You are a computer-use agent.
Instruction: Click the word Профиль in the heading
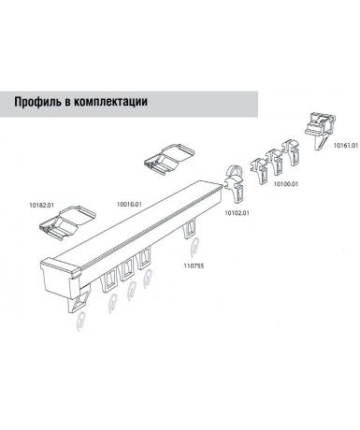[x=37, y=102]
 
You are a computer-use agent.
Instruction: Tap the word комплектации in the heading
[x=110, y=102]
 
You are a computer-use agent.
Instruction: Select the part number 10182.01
[x=42, y=206]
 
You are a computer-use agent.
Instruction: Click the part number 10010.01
[x=129, y=205]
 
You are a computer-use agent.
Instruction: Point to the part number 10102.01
[x=238, y=213]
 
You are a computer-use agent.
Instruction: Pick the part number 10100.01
[x=286, y=184]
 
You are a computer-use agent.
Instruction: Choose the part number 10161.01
[x=346, y=145]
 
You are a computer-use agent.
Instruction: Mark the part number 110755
[x=194, y=265]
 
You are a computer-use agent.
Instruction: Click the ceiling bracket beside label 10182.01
[x=67, y=222]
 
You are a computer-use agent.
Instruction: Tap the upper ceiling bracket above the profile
[x=169, y=158]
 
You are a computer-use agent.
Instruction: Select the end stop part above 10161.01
[x=320, y=131]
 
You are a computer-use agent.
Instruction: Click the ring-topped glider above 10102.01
[x=234, y=184]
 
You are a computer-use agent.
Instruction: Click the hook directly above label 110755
[x=194, y=248]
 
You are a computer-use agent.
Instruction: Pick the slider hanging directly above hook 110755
[x=190, y=229]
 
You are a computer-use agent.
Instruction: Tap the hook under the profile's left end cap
[x=80, y=321]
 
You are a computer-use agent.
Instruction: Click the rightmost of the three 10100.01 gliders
[x=291, y=151]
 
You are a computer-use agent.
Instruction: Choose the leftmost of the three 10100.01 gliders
[x=260, y=171]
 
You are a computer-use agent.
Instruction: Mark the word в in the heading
[x=67, y=103]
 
